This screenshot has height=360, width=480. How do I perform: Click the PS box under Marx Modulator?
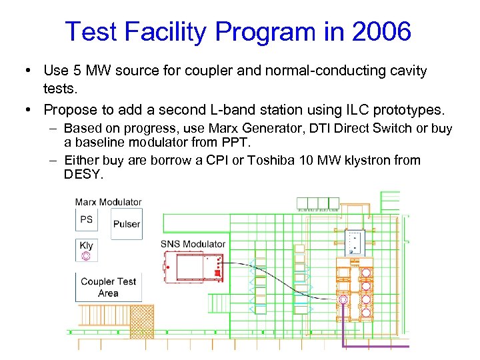[x=87, y=220]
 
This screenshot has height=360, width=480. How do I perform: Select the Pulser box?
[x=126, y=224]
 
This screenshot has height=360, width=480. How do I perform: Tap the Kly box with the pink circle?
[x=87, y=250]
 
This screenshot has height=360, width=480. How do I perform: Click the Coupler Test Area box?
[x=108, y=287]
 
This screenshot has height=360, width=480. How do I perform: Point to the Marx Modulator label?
[x=108, y=202]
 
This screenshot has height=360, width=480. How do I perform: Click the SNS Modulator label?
[x=193, y=244]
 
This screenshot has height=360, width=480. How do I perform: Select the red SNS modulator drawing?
[x=193, y=267]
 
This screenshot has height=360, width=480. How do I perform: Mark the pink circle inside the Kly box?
[x=86, y=256]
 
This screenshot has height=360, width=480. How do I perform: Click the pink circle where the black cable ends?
[x=343, y=300]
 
